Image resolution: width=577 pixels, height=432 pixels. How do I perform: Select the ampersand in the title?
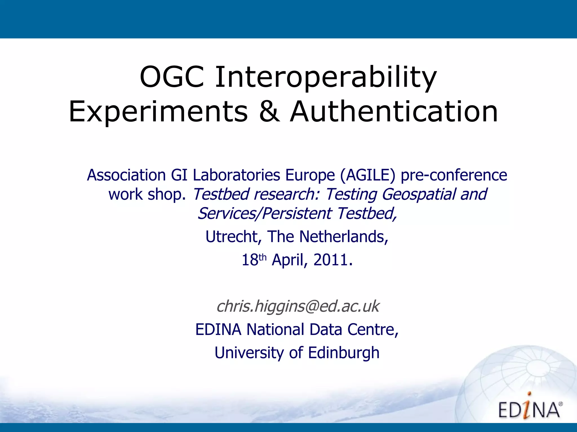pyautogui.click(x=270, y=112)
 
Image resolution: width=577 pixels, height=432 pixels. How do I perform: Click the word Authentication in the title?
pyautogui.click(x=394, y=112)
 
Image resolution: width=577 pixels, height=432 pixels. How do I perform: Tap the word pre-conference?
pyautogui.click(x=454, y=175)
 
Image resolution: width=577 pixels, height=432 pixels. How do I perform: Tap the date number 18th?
pyautogui.click(x=253, y=260)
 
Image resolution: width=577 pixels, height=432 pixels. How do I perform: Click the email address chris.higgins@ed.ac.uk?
pyautogui.click(x=298, y=306)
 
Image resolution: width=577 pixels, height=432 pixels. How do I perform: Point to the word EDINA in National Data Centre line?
pyautogui.click(x=218, y=329)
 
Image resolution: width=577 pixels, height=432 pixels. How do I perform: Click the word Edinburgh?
pyautogui.click(x=343, y=353)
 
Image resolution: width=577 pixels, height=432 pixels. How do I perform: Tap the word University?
pyautogui.click(x=249, y=353)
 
